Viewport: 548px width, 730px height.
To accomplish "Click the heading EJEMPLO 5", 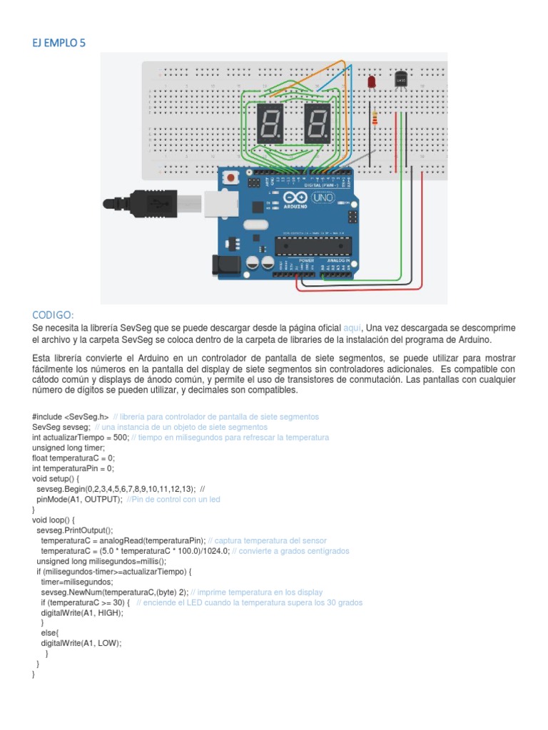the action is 59,43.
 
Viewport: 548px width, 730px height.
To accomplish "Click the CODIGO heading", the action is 54,315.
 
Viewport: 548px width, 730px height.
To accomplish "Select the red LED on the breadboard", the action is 372,83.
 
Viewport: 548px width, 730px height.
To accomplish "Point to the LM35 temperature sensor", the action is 400,79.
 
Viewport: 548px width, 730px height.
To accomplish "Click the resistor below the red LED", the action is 375,118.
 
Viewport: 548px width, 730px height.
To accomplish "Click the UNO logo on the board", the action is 323,197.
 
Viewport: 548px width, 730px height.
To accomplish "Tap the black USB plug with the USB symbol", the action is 150,202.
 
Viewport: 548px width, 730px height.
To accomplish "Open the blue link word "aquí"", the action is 352,328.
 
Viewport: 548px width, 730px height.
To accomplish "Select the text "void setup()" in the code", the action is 56,479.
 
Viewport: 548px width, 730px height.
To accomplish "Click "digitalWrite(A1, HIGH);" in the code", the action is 82,612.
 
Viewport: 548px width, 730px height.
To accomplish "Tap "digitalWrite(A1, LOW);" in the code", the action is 81,643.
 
